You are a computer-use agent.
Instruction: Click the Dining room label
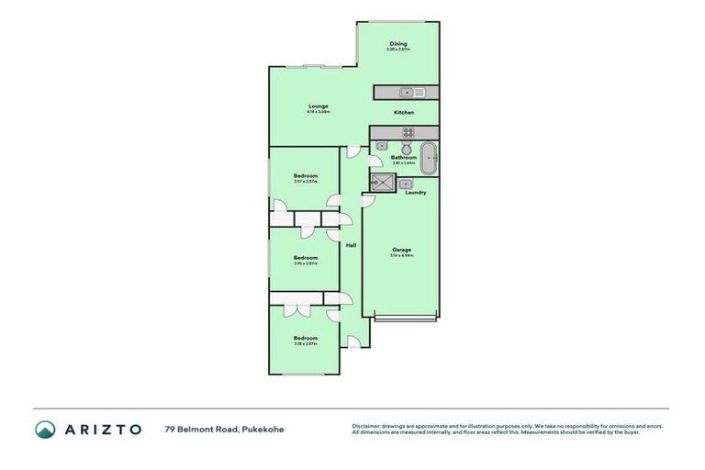397,43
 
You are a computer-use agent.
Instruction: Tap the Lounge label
318,106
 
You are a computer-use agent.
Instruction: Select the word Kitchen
404,112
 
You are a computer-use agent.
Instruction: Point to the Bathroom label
404,157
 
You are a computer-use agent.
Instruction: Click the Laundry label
415,192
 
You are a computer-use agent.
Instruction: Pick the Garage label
401,250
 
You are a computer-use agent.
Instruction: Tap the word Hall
351,245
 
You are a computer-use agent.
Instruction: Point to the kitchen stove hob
408,132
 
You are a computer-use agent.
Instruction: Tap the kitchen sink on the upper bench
408,91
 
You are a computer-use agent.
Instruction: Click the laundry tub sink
405,184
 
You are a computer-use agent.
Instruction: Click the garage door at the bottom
407,318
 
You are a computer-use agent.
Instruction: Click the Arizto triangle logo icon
45,429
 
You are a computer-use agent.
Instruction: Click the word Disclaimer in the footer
367,426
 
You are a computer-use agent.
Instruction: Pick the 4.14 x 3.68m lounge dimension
318,112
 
